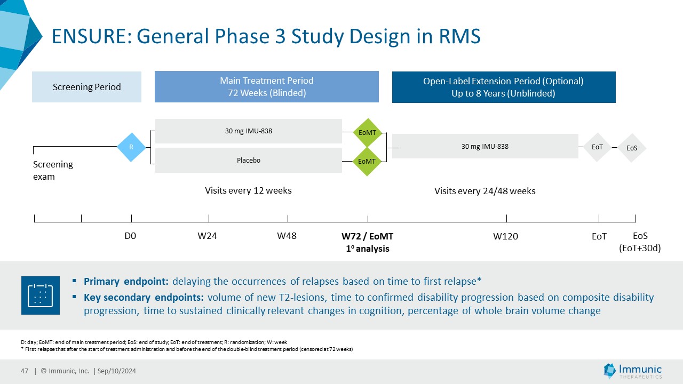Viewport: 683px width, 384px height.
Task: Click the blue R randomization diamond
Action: [x=131, y=147]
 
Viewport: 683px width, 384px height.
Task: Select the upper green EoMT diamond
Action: [x=368, y=133]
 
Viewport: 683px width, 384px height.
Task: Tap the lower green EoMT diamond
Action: [x=367, y=162]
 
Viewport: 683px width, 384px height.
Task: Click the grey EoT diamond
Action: [x=597, y=147]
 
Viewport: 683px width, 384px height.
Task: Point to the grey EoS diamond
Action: [x=632, y=148]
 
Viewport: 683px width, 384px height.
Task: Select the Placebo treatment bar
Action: [x=249, y=161]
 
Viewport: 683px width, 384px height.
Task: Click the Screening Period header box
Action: [x=86, y=87]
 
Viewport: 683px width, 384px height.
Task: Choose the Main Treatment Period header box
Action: [x=267, y=86]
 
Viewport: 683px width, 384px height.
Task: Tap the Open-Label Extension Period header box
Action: [x=504, y=87]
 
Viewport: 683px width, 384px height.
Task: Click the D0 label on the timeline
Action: [x=130, y=236]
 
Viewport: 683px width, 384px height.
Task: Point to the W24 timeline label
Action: [x=208, y=236]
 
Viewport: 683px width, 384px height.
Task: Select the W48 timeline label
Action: [x=287, y=236]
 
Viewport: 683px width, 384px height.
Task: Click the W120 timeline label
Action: [x=505, y=236]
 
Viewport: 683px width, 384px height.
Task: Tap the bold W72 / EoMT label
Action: [x=368, y=236]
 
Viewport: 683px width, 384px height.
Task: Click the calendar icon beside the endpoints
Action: [x=41, y=295]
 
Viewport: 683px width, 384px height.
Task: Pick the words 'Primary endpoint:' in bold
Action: [x=126, y=281]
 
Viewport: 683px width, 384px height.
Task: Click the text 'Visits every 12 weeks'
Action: [x=248, y=190]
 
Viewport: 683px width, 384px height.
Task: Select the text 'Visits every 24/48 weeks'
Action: [x=485, y=191]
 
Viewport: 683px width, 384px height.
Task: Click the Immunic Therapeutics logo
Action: [x=633, y=371]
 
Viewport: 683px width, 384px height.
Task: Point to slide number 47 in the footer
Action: [x=25, y=371]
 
